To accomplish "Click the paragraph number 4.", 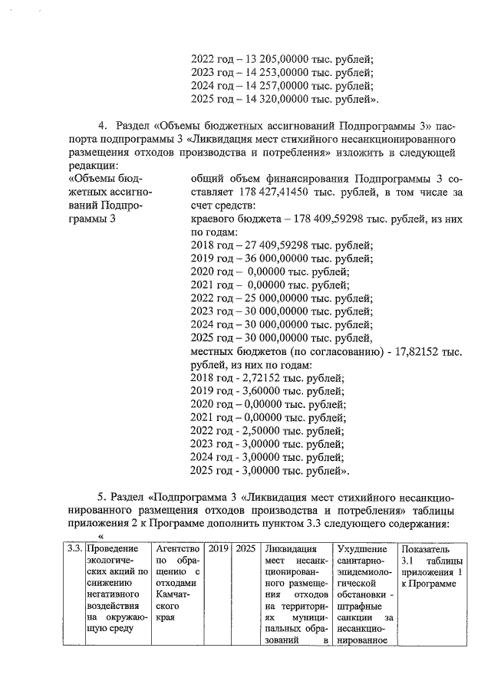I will [x=101, y=126].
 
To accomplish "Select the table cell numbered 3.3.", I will [x=74, y=549].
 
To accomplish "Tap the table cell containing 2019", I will [x=218, y=549].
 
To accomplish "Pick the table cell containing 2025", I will [x=245, y=549].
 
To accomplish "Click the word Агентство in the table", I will [x=177, y=549].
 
